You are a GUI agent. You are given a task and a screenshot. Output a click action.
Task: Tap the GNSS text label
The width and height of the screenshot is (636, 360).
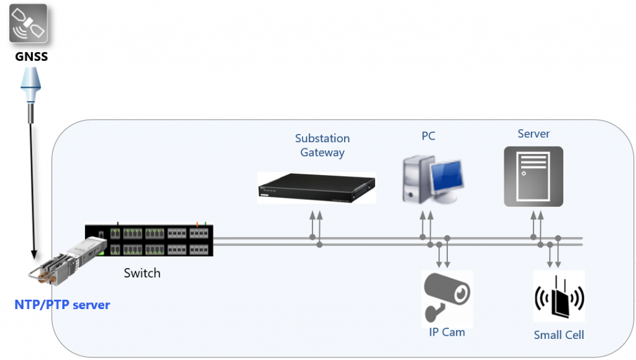[x=31, y=57]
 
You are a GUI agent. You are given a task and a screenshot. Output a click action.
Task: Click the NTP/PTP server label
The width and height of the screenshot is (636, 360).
[x=62, y=305]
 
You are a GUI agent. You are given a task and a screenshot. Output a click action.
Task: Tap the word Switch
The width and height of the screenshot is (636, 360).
[x=142, y=273]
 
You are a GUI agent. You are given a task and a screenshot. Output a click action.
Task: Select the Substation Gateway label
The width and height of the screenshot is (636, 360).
[x=322, y=145]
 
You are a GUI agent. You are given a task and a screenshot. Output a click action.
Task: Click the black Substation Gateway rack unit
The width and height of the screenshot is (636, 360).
[x=317, y=187]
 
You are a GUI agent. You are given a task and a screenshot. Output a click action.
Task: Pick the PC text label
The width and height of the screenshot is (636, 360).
[x=428, y=136]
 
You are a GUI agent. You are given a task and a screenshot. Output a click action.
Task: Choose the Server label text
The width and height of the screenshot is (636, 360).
[x=534, y=133]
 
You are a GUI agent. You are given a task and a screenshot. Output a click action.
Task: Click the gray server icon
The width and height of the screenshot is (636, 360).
[x=533, y=176]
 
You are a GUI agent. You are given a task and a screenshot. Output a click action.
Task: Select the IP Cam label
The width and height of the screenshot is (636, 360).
[x=447, y=332]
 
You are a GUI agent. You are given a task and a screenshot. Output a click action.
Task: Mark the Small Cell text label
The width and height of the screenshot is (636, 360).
[x=559, y=335]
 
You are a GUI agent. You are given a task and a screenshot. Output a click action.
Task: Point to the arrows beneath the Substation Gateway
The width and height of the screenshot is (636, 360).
[x=316, y=223]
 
